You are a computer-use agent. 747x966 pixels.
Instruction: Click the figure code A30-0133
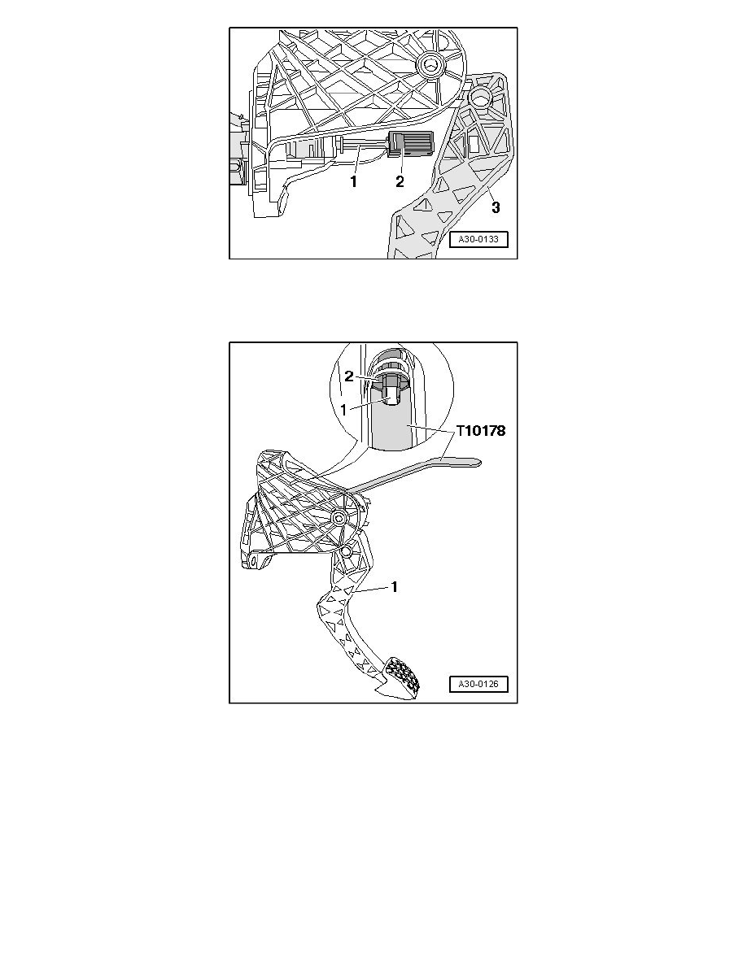click(x=479, y=240)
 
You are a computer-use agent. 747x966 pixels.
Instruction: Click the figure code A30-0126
click(x=479, y=684)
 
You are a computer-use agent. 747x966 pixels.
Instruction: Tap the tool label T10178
click(x=481, y=431)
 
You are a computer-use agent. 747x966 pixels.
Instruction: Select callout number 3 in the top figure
click(x=496, y=207)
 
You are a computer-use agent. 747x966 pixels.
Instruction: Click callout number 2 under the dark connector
click(x=400, y=182)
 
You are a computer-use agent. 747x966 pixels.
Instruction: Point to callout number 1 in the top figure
click(x=354, y=182)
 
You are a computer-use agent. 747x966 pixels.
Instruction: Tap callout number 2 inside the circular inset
click(x=349, y=376)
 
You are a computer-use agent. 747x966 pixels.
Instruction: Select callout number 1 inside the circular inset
click(x=344, y=409)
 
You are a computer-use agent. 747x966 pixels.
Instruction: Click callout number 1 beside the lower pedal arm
click(x=395, y=586)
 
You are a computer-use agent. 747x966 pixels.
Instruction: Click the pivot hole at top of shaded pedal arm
click(x=479, y=97)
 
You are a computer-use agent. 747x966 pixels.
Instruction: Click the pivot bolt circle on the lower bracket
click(x=338, y=518)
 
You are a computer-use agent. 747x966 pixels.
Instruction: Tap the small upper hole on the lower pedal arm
click(x=346, y=550)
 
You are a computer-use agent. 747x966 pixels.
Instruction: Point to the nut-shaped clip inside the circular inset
click(x=387, y=385)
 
